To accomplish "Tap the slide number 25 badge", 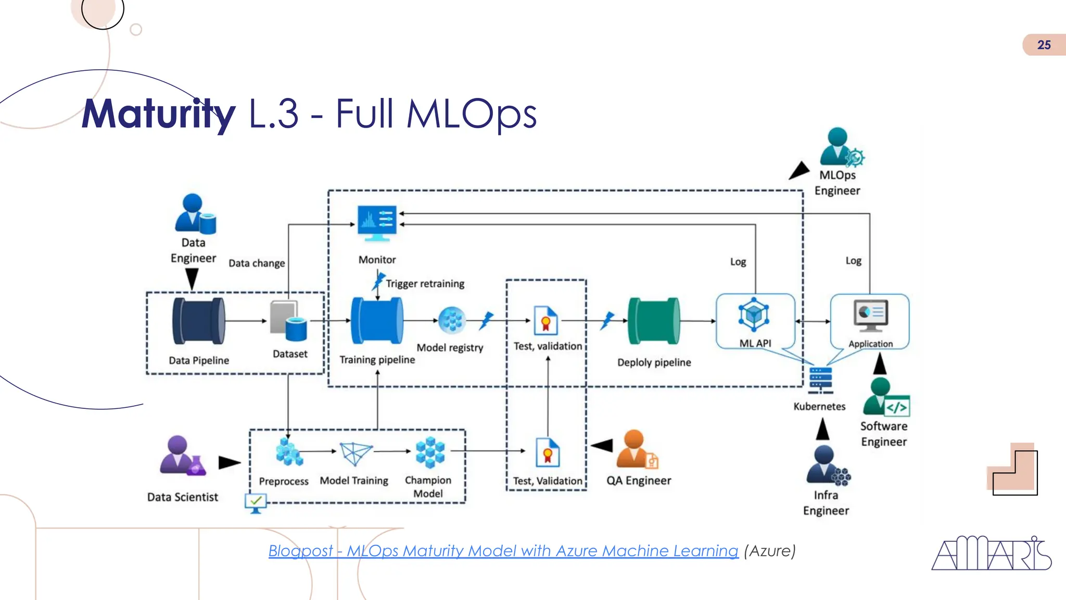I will coord(1044,45).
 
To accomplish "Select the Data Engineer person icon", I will coord(194,213).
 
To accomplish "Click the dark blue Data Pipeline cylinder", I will coord(198,321).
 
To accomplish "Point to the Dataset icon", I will coord(288,320).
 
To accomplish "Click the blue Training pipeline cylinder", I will coord(377,321).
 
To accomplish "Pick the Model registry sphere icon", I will coord(452,320).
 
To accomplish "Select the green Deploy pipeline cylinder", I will coord(654,321).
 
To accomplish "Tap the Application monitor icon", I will coord(870,315).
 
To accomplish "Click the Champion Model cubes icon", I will coord(430,452).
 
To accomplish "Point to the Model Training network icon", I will coord(356,453).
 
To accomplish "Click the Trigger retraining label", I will coord(425,284).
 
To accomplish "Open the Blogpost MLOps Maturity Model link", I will coord(503,551).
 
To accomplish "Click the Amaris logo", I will coord(991,554).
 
